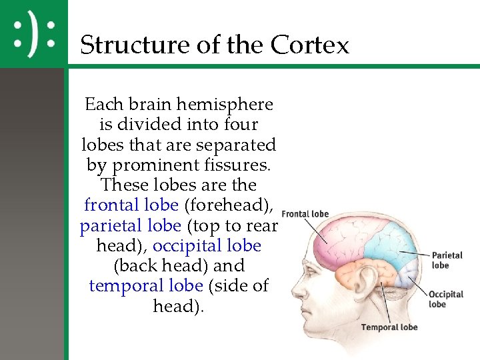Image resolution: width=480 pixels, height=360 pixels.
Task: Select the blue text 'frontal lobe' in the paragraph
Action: point(131,205)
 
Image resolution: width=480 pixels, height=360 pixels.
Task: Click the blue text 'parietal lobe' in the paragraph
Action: point(130,225)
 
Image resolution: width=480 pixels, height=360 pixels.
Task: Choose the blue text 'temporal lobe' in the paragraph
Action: point(145,285)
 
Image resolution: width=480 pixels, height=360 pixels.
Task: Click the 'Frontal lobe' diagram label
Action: point(305,214)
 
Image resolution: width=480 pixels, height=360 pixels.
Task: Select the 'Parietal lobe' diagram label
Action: point(447,260)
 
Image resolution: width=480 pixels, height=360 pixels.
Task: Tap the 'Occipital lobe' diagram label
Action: point(445,299)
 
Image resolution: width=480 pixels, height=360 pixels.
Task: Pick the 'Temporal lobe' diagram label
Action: point(389,327)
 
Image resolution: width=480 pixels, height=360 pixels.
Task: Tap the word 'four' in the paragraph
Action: point(241,125)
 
